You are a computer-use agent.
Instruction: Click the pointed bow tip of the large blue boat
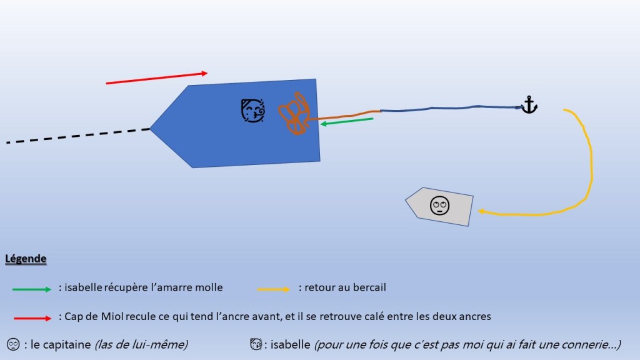tap(150, 129)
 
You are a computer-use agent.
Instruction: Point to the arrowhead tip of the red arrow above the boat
tap(207, 73)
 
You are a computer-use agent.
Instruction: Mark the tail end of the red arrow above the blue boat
tap(106, 83)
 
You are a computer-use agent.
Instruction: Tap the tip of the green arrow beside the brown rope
tap(321, 124)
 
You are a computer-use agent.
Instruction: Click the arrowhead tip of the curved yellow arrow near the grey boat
tap(478, 211)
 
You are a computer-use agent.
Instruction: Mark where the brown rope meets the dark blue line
tap(381, 111)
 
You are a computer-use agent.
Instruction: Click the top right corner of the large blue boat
tap(316, 79)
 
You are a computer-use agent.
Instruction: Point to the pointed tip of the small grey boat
tap(405, 200)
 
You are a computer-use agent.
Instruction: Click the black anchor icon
tap(529, 105)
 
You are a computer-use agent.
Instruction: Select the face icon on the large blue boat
tap(252, 110)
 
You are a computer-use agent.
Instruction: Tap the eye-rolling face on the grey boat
tap(439, 205)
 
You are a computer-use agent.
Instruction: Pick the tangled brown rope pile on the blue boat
tap(294, 113)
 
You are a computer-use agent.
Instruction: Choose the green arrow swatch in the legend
tap(32, 289)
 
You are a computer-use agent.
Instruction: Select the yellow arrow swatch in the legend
tap(274, 289)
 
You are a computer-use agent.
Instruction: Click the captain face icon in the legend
tap(13, 344)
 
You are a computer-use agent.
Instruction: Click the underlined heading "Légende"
tap(25, 259)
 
